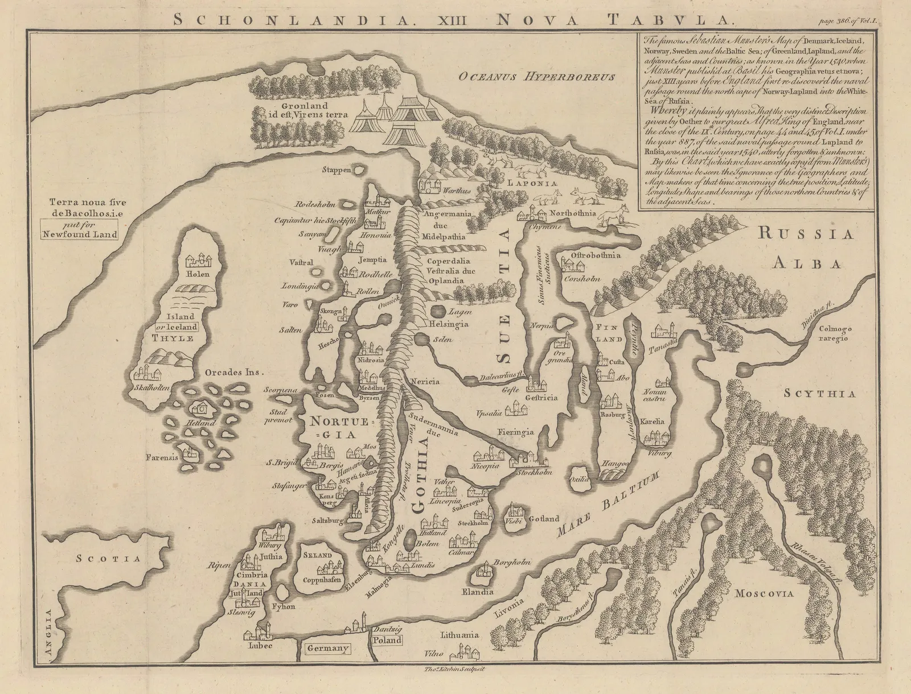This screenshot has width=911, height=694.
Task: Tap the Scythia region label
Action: click(x=819, y=393)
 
